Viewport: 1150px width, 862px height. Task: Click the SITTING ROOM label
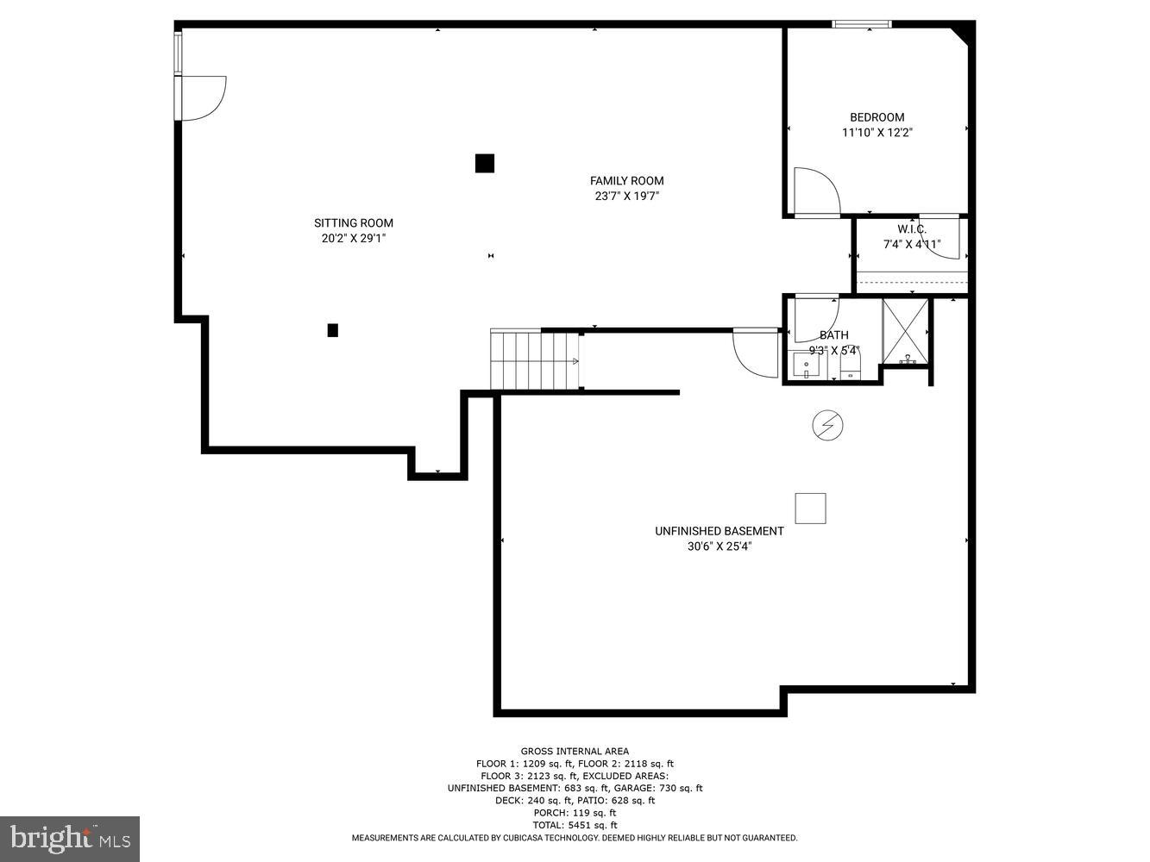click(x=353, y=222)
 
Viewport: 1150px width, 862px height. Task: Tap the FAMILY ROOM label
click(x=626, y=180)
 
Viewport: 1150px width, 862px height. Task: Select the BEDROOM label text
click(x=877, y=117)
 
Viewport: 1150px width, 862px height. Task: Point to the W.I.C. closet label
click(x=911, y=228)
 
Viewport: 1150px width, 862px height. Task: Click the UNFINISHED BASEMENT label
click(x=719, y=531)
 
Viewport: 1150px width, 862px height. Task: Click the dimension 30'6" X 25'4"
click(x=719, y=546)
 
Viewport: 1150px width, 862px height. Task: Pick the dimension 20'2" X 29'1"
click(x=353, y=238)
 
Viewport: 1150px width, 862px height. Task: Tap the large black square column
click(x=485, y=163)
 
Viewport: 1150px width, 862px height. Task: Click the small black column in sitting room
click(x=332, y=329)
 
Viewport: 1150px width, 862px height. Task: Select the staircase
click(x=535, y=359)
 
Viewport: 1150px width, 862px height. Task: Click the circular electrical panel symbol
click(x=827, y=425)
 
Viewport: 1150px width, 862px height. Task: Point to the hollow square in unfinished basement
click(x=810, y=509)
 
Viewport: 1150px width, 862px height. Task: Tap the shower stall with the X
click(x=906, y=330)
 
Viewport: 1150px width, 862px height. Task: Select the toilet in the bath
click(x=851, y=368)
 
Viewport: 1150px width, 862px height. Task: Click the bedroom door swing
click(x=815, y=191)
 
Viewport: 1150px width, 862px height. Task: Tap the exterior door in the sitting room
click(x=202, y=97)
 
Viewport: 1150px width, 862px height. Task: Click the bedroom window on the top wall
click(x=861, y=24)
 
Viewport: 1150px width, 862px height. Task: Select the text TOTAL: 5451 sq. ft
click(x=575, y=825)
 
